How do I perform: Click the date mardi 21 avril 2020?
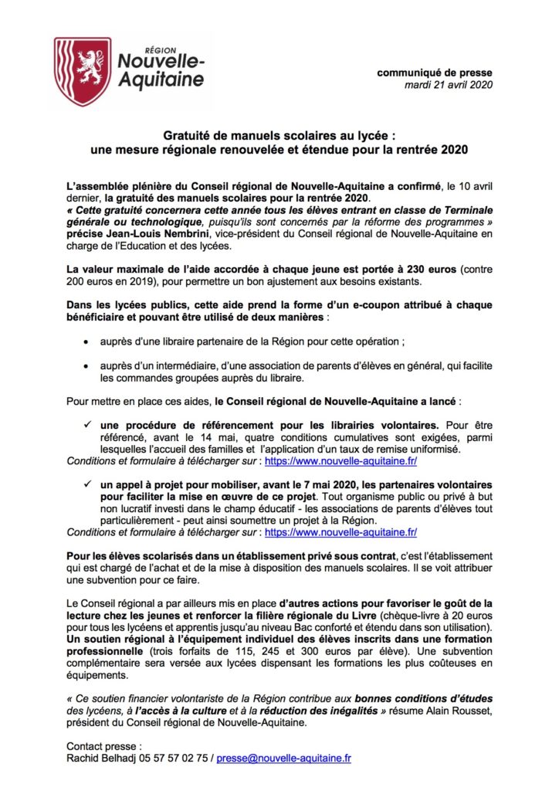pyautogui.click(x=449, y=84)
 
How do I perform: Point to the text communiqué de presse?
pyautogui.click(x=435, y=73)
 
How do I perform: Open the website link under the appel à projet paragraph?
pyautogui.click(x=340, y=531)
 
